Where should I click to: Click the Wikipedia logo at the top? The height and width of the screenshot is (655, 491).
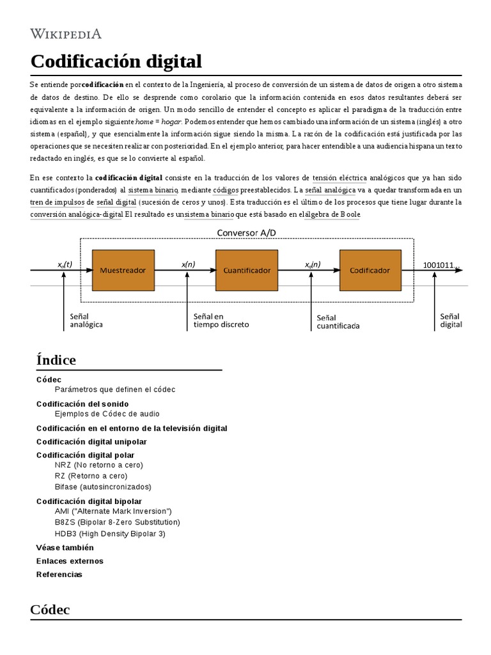pos(65,33)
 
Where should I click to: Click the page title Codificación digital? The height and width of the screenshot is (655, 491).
pos(116,62)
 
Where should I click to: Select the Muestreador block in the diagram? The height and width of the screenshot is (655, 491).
pos(123,271)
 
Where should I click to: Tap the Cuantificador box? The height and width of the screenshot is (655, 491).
pos(247,271)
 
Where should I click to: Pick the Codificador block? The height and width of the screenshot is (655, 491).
pos(370,271)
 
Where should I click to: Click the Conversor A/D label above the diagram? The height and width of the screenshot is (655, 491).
pos(247,233)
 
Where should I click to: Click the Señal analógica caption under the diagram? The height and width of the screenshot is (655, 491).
pos(86,320)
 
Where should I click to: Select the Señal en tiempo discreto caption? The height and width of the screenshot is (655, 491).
pos(221,320)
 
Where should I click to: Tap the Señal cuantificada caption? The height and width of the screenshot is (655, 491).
pos(338,321)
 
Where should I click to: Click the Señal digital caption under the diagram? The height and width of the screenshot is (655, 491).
pos(451,320)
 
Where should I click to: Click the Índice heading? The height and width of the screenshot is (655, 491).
pos(56,360)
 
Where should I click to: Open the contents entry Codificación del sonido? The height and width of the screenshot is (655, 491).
pos(82,404)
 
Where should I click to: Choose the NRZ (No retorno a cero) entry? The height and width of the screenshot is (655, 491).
pos(99,464)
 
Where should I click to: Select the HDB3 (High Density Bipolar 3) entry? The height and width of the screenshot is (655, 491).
pos(110,533)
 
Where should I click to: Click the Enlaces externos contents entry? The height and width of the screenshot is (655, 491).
pos(70,561)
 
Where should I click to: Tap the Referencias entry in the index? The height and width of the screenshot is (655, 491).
pos(59,574)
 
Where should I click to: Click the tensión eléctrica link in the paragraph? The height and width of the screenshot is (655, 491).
pos(339,177)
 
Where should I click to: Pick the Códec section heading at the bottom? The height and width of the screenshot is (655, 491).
pos(50,610)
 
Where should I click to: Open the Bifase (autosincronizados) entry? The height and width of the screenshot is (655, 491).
pos(103,486)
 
